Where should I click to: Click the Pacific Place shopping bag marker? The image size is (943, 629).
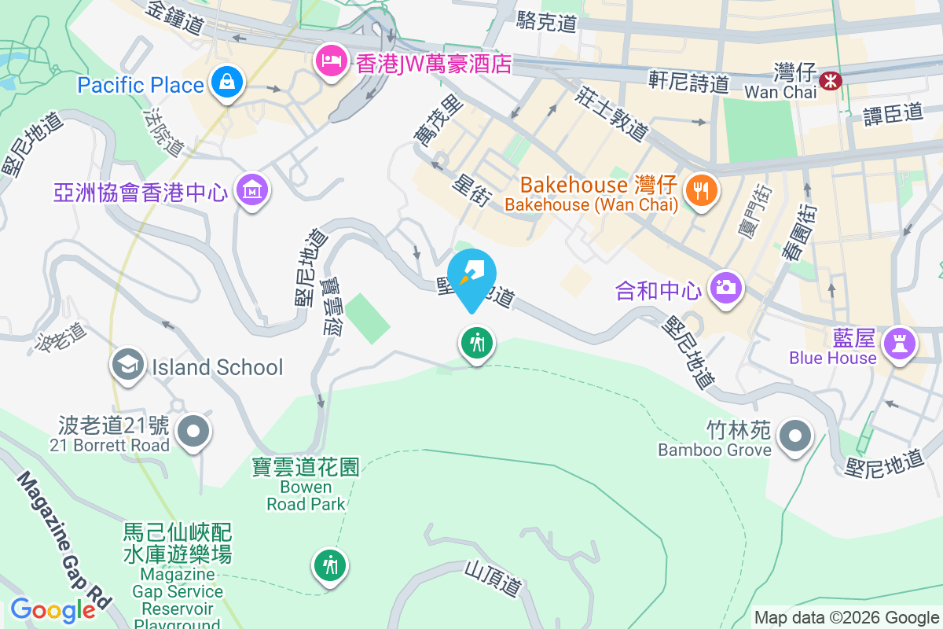point(226,81)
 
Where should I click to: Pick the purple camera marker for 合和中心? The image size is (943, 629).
point(726,287)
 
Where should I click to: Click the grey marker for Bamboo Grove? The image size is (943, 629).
point(794,435)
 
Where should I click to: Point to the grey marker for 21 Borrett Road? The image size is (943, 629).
point(193,431)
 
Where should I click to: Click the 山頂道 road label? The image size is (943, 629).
point(493,577)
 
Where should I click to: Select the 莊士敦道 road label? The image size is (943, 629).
point(611,114)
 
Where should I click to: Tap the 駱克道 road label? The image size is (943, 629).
point(546,22)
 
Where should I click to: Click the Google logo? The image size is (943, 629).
point(53,609)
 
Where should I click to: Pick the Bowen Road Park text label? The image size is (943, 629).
point(306,495)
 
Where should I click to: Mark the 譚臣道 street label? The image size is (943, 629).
point(893,113)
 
